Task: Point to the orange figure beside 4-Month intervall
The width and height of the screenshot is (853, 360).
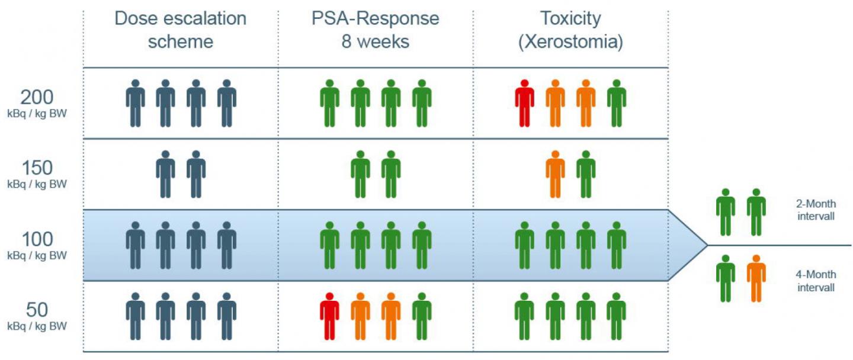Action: click(756, 278)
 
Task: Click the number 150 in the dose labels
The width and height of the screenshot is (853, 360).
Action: click(37, 168)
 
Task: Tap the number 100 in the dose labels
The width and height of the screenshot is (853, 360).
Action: click(37, 239)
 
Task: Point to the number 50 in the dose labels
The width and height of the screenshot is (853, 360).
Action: click(37, 310)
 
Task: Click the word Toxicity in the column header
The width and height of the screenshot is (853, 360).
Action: click(570, 18)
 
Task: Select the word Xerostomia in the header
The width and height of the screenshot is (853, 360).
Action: click(570, 43)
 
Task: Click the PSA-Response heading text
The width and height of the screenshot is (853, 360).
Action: click(376, 18)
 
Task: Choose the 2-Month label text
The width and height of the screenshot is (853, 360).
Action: click(816, 204)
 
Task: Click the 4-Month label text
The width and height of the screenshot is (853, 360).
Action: click(816, 275)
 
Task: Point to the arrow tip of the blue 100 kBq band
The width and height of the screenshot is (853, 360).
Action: click(706, 245)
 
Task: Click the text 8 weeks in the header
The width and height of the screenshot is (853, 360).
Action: click(376, 43)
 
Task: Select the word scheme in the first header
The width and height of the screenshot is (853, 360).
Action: click(180, 43)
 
